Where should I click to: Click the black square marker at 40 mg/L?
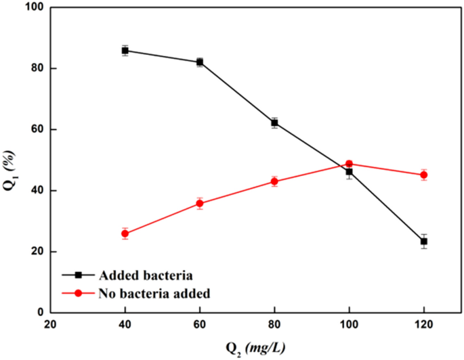(125, 51)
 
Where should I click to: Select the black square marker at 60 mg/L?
(200, 62)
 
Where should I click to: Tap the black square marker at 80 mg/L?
(274, 122)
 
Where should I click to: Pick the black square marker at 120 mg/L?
(424, 241)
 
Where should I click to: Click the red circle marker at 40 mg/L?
(125, 233)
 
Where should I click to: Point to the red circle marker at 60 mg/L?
(200, 203)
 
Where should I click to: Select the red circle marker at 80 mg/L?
(274, 181)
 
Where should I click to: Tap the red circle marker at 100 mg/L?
(350, 164)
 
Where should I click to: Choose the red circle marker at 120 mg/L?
(424, 175)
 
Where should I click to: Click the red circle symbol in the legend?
(79, 294)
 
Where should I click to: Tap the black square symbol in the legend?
(79, 275)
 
